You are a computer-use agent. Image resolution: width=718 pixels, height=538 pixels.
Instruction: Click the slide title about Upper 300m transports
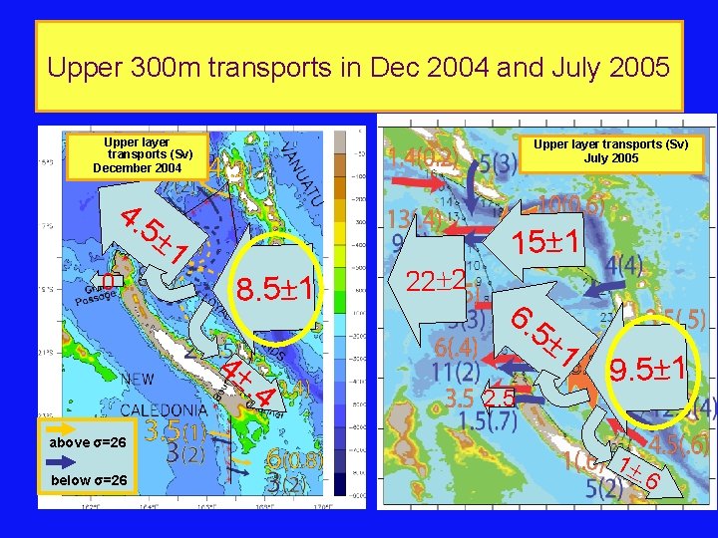coord(359,68)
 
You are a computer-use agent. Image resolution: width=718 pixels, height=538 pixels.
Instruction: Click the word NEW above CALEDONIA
coord(138,380)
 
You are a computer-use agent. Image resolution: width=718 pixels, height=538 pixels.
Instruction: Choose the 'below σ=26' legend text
coord(88,481)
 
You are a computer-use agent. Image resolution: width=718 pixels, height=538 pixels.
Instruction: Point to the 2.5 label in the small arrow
coord(500,400)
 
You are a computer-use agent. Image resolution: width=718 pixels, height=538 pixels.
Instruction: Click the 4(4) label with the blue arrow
coord(626,266)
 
